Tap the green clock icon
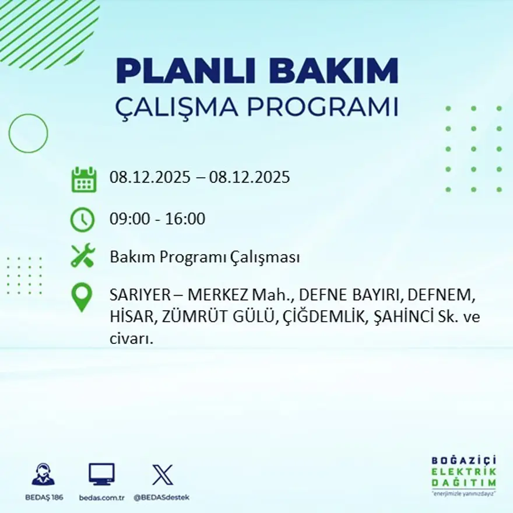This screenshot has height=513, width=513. (82, 220)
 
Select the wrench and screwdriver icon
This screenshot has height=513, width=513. (82, 256)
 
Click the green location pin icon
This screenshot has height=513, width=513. (82, 297)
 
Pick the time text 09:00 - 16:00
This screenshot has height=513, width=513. (157, 219)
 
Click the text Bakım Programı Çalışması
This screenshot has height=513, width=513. (205, 257)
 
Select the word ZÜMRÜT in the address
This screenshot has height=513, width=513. (186, 317)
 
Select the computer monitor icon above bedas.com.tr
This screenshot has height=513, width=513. (101, 475)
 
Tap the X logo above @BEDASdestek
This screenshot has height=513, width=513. (162, 475)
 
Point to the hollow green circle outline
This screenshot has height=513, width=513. (28, 133)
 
